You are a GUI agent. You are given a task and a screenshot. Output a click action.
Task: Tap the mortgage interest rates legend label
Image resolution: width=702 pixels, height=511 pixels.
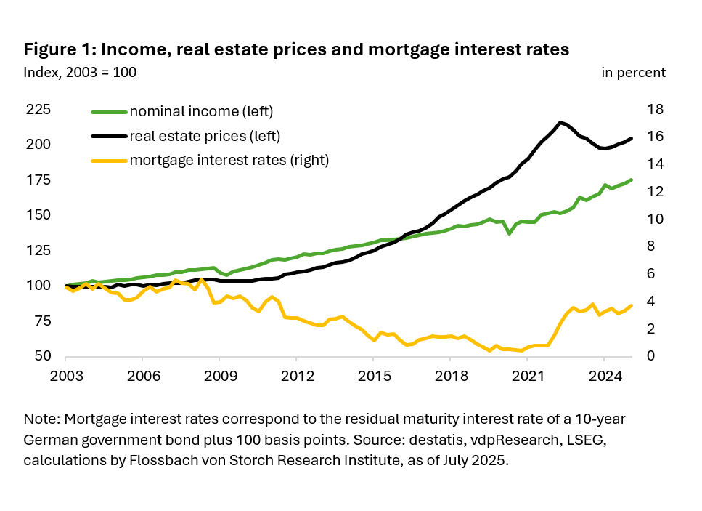coord(229,161)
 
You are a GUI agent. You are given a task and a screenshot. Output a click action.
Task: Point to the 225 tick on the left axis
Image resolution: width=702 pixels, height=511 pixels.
coord(38,110)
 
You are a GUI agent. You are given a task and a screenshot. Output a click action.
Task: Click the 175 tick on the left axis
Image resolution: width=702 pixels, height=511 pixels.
coord(38,180)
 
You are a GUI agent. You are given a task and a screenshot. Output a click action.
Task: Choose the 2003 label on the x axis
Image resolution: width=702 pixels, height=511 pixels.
coord(65,377)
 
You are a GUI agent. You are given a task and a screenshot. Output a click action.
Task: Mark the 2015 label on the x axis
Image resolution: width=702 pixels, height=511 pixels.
coord(372,377)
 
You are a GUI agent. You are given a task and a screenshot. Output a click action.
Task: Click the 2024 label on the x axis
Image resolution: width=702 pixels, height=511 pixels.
coord(603,377)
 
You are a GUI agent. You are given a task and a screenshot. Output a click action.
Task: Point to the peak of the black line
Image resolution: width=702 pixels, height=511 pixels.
coord(560,122)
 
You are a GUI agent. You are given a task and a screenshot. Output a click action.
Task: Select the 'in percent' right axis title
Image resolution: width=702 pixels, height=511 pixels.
coord(633,72)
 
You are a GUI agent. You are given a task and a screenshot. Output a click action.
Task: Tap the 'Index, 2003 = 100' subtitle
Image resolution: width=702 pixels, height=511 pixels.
coord(80,72)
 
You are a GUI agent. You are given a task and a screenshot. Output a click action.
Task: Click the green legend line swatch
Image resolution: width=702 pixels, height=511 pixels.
coord(108,111)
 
